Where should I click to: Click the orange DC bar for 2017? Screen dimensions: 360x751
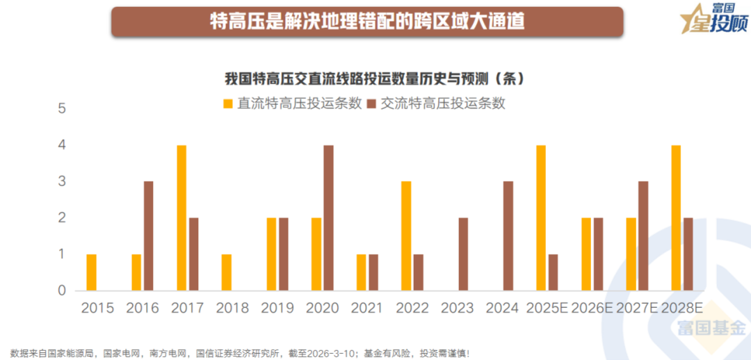[181, 218]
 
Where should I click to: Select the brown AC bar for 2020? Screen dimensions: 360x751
[329, 218]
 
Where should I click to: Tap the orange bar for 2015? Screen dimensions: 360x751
[92, 272]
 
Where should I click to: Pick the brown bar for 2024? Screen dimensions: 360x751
[508, 236]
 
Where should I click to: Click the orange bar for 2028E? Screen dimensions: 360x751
[676, 218]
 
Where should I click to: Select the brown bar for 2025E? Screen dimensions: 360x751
[554, 272]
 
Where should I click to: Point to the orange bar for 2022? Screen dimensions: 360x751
[406, 236]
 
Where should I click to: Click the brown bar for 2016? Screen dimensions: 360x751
[149, 236]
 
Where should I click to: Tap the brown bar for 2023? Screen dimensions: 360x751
[464, 254]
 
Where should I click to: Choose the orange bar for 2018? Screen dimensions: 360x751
[227, 272]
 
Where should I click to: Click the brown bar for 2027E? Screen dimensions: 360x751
[643, 236]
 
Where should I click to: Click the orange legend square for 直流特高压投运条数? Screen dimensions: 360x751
[227, 104]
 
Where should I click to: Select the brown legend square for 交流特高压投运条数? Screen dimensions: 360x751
[371, 104]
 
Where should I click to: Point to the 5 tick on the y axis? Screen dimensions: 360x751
[61, 109]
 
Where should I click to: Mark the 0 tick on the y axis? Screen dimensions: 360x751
[61, 291]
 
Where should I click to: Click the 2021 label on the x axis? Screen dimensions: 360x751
[366, 308]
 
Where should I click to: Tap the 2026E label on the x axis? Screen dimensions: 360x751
[592, 308]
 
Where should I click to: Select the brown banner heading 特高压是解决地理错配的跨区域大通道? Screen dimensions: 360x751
[367, 21]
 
